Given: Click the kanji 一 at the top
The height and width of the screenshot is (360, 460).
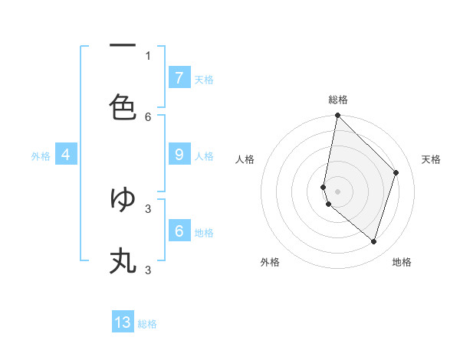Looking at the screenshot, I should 123,46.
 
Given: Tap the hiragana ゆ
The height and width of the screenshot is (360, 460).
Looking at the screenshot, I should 123,199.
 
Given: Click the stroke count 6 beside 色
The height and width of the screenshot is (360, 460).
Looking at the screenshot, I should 148,116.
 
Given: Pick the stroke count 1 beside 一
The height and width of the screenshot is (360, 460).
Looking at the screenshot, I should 148,55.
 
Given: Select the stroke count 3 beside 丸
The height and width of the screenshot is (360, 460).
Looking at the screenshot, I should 148,270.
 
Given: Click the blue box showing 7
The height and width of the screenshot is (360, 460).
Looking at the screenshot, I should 179,77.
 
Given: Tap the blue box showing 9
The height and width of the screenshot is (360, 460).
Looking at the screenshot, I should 179,155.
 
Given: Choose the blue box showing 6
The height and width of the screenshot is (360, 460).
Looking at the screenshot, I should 179,231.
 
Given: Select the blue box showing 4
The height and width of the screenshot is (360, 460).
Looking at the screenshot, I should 66,155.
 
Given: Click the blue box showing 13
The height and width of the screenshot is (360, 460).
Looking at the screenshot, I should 123,322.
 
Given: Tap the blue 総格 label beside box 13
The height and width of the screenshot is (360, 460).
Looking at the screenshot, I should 147,324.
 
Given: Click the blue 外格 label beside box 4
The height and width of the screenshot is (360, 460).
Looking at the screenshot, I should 41,156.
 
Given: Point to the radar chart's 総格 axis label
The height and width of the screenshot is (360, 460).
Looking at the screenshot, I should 338,100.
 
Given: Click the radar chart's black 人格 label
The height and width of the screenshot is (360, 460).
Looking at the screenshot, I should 245,159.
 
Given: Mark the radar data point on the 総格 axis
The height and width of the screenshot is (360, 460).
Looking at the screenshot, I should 337,115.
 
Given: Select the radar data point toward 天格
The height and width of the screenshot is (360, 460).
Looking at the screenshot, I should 396,172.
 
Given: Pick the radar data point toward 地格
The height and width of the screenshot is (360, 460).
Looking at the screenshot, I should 373,241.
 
